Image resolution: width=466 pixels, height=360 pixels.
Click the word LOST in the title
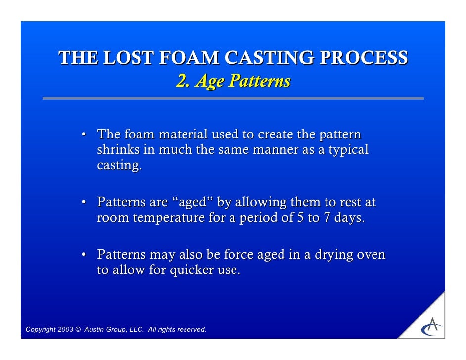click(127, 58)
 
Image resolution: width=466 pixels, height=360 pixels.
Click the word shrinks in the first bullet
click(118, 150)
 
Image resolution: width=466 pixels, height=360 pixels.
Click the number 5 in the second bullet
click(300, 218)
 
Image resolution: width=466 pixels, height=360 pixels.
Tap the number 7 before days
click(327, 218)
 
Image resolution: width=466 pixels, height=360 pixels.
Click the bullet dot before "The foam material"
click(85, 135)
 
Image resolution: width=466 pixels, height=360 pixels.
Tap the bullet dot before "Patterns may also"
click(85, 255)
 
